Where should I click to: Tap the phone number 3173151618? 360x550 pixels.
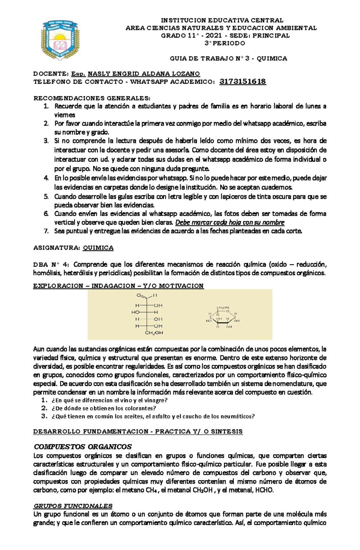243,82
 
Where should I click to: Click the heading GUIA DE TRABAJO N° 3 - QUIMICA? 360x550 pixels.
228,58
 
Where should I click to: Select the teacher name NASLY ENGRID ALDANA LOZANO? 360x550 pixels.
144,74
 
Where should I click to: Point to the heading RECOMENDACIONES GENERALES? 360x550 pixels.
91,98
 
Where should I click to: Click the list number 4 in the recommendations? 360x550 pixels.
46,178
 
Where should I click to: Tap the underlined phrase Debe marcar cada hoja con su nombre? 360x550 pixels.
229,222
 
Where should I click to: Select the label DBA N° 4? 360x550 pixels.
51,265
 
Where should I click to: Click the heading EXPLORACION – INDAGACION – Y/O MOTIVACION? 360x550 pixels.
118,285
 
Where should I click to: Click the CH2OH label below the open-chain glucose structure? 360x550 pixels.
154,333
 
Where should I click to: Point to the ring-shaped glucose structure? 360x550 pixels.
223,317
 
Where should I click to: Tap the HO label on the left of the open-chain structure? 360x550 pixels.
135,312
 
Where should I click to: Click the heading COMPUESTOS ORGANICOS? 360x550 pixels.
83,447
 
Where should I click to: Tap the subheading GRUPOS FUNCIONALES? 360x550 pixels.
73,506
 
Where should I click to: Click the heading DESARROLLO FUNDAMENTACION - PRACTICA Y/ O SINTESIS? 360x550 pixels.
138,432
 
